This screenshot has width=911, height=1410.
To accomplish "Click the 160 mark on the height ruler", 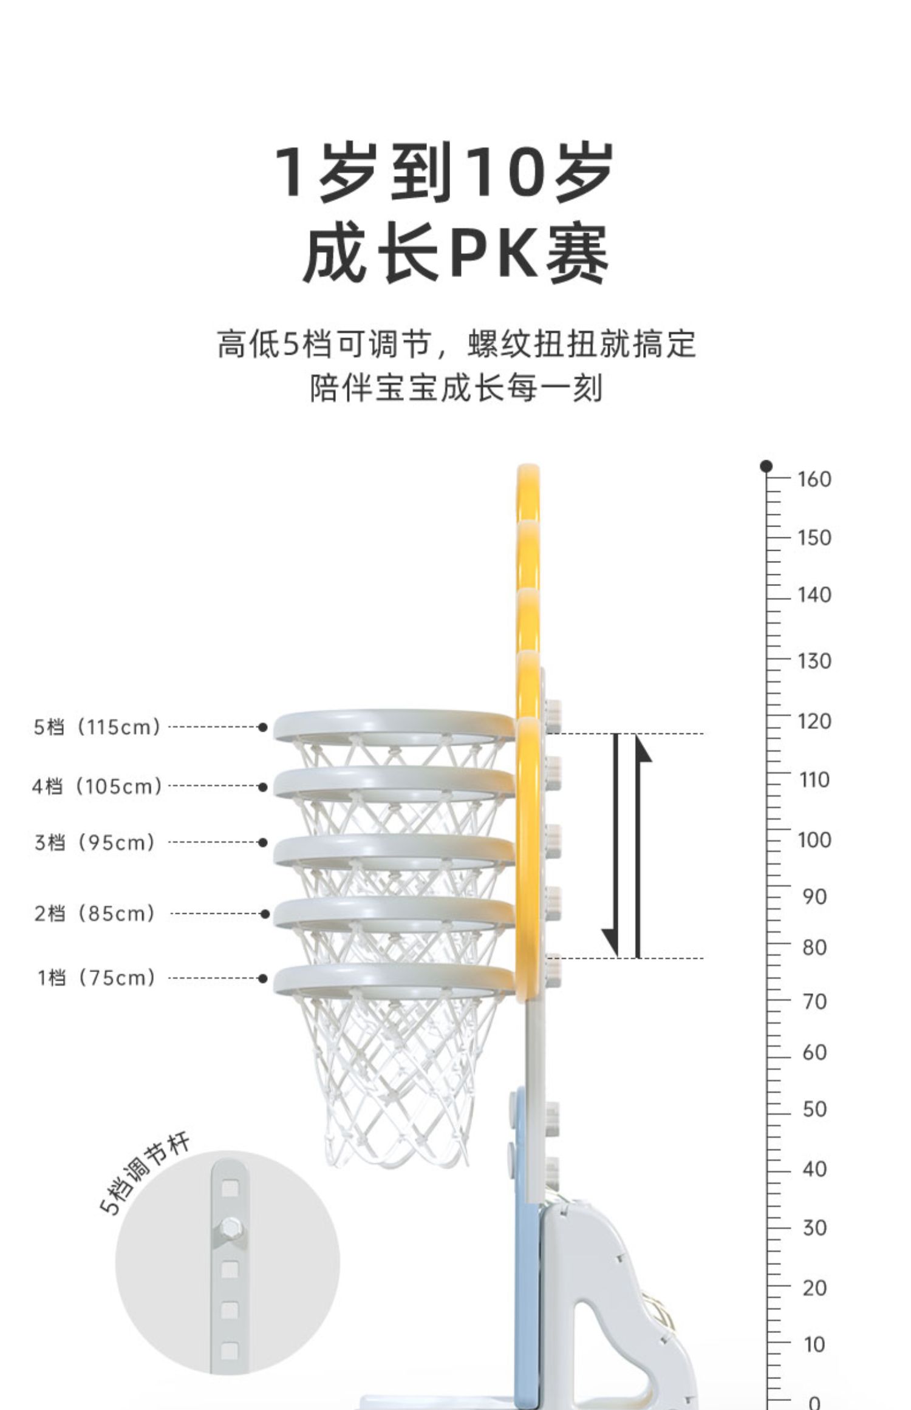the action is coord(814,479).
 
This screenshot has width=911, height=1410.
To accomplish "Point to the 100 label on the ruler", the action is coord(814,840).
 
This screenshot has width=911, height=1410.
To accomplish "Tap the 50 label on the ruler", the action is coord(814,1109).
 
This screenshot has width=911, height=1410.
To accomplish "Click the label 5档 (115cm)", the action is coord(97,727).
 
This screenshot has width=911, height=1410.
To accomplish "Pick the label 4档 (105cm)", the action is coord(97,786).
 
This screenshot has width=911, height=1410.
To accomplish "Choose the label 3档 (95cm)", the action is coord(95,842).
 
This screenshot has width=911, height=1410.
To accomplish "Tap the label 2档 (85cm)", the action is coord(95,913).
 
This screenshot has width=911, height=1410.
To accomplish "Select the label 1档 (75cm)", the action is coord(97,978).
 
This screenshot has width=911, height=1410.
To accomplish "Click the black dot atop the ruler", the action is coord(766,466).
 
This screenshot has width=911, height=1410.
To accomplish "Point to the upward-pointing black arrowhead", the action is coord(643,750).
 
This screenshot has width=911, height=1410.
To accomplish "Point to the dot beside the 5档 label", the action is coord(262,727).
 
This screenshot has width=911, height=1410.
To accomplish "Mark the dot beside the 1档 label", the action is coord(262,978).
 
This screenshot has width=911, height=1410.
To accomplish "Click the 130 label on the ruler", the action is coord(814,660).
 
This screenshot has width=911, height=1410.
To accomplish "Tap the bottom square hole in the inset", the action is coord(230,1350).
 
